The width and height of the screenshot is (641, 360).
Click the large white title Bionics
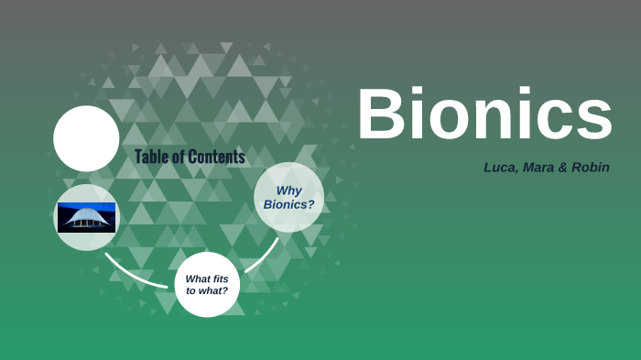click(x=484, y=115)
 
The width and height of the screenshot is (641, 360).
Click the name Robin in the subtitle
click(x=591, y=168)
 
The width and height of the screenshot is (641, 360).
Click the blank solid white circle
click(x=86, y=138)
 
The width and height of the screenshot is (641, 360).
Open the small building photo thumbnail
click(x=86, y=217)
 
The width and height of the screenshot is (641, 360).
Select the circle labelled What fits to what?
click(x=207, y=284)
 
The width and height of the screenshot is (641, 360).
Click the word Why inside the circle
click(x=289, y=190)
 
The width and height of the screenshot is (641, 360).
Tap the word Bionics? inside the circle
click(x=288, y=204)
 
